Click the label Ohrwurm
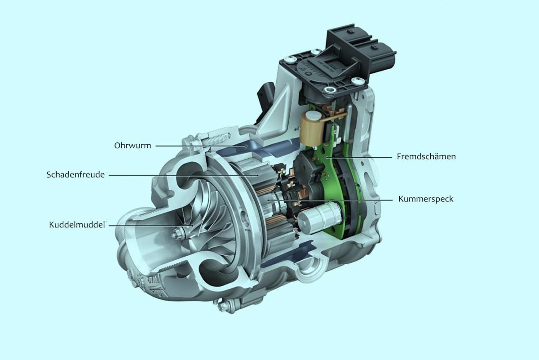pyautogui.click(x=133, y=146)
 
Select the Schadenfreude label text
pyautogui.click(x=75, y=174)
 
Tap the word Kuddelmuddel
pyautogui.click(x=77, y=224)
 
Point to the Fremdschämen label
pyautogui.click(x=426, y=157)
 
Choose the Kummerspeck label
pyautogui.click(x=426, y=199)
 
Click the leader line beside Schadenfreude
pyautogui.click(x=184, y=174)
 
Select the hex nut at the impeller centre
pyautogui.click(x=178, y=233)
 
